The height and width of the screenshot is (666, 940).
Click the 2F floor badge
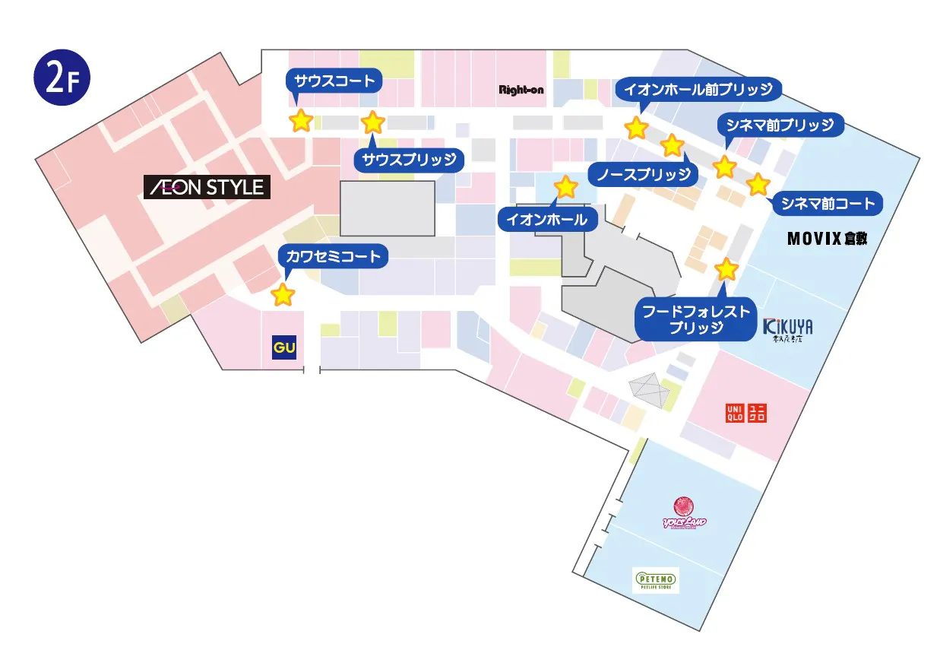click(62, 78)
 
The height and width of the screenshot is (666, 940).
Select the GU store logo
click(283, 348)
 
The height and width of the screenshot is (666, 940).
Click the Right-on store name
click(521, 90)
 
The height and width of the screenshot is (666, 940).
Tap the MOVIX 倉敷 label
click(827, 239)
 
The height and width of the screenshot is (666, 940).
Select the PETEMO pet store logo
click(656, 580)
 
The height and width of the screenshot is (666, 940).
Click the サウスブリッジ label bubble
click(409, 160)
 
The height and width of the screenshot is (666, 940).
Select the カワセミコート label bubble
click(333, 256)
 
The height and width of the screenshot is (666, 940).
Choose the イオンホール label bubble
click(547, 220)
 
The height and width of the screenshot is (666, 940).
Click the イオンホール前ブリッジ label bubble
click(698, 89)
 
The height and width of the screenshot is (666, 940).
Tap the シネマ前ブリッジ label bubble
click(780, 125)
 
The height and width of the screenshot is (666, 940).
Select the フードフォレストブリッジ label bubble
click(696, 319)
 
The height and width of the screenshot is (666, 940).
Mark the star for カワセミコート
click(283, 294)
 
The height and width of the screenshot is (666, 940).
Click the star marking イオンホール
click(565, 186)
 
